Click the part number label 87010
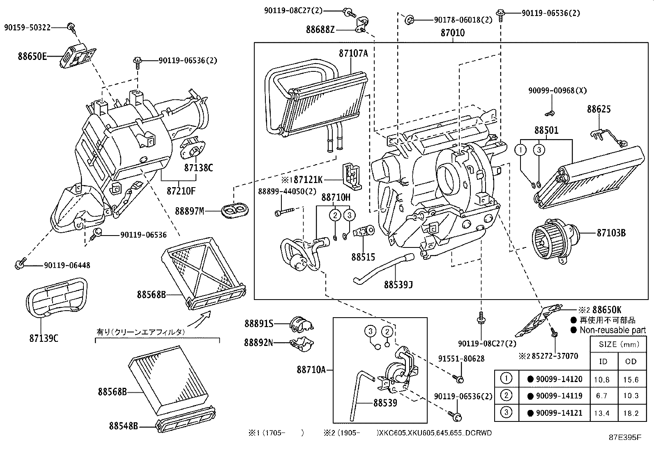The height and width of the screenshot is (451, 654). coord(453,33)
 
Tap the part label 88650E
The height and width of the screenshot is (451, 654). coord(32,56)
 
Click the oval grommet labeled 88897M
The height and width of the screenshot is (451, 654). coord(235,210)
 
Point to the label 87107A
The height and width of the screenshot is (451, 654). coord(353,53)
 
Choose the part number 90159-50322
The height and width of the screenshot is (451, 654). coord(28,28)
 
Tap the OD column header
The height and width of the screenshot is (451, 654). coord(631,361)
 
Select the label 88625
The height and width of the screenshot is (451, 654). coord(599,109)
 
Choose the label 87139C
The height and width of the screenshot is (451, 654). coord(44,338)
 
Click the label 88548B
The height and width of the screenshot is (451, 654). coord(123,426)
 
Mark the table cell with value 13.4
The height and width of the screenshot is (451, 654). coord(602,413)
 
